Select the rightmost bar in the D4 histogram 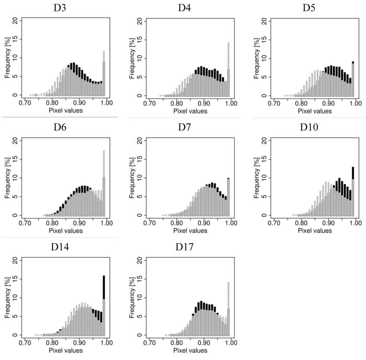(x=228, y=69)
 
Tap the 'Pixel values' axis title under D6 (x=66, y=231)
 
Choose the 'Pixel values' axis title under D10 (x=315, y=231)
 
